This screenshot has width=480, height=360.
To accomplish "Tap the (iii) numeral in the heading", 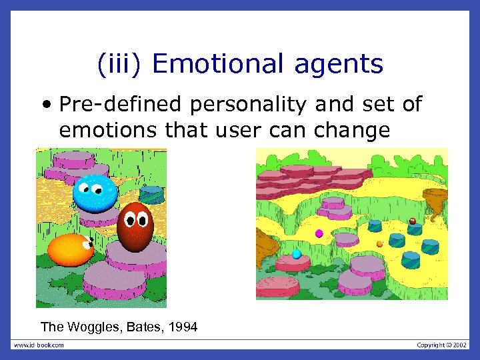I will [x=120, y=64].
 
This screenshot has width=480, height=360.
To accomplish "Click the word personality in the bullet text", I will [x=235, y=105].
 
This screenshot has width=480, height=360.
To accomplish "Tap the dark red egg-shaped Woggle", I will [x=135, y=227].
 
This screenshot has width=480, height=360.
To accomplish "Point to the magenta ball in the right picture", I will [x=319, y=233].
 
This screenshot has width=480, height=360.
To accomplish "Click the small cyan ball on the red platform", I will [x=297, y=254].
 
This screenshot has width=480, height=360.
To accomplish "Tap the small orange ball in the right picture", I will [x=379, y=244].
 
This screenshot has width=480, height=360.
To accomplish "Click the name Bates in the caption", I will [x=141, y=327].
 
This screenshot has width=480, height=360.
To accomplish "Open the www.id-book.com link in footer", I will [x=39, y=345].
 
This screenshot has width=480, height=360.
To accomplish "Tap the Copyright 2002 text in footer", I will [x=442, y=345].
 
